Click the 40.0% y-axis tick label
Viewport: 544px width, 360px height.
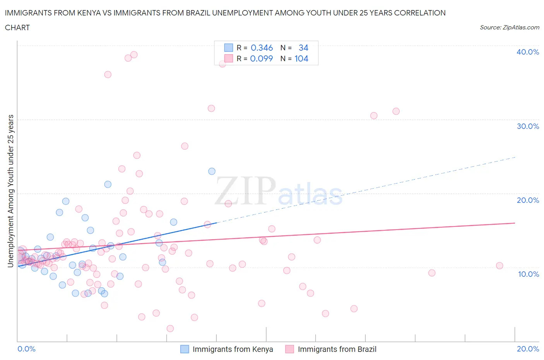527,52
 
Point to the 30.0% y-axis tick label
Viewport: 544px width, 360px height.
527,126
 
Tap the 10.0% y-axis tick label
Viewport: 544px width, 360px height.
528,274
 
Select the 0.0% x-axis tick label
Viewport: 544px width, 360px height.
26,349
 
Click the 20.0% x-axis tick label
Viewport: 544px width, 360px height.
528,349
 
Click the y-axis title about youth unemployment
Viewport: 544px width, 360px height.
11,191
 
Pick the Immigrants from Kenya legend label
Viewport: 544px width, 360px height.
233,349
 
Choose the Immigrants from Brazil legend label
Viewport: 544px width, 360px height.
337,349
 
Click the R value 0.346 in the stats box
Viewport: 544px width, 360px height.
262,48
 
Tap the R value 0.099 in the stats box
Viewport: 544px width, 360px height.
262,58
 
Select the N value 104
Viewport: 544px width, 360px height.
301,58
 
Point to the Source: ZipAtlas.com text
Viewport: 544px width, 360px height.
509,27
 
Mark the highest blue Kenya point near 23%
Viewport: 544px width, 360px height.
212,171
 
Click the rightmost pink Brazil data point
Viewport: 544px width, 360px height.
500,266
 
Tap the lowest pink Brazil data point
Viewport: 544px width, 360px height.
170,329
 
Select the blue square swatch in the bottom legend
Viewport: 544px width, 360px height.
185,349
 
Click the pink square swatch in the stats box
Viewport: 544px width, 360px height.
229,58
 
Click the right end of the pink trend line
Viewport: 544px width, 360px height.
515,223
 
